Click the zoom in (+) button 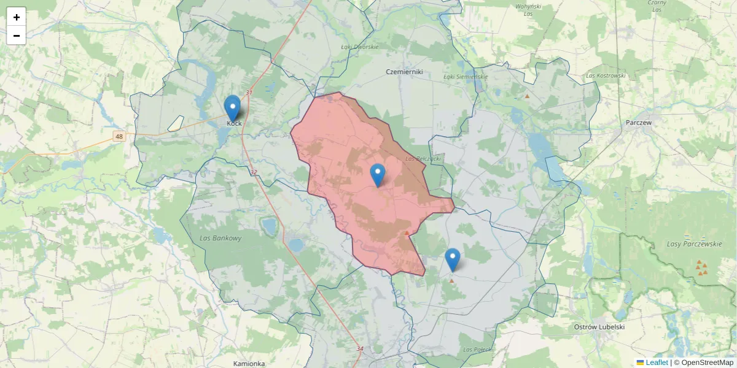pos(17,17)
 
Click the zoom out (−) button pos(17,36)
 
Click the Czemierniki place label pos(404,72)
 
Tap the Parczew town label pos(639,122)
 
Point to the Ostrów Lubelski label pos(599,327)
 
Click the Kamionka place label pos(249,364)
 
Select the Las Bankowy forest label pos(220,238)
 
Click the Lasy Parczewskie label pos(694,244)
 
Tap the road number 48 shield pos(119,136)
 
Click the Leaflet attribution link pos(657,362)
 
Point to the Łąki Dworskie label pos(360,47)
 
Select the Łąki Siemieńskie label pos(465,77)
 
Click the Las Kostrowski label pos(606,75)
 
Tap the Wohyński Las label pos(528,9)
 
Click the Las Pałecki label pos(477,350)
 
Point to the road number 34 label pos(360,348)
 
